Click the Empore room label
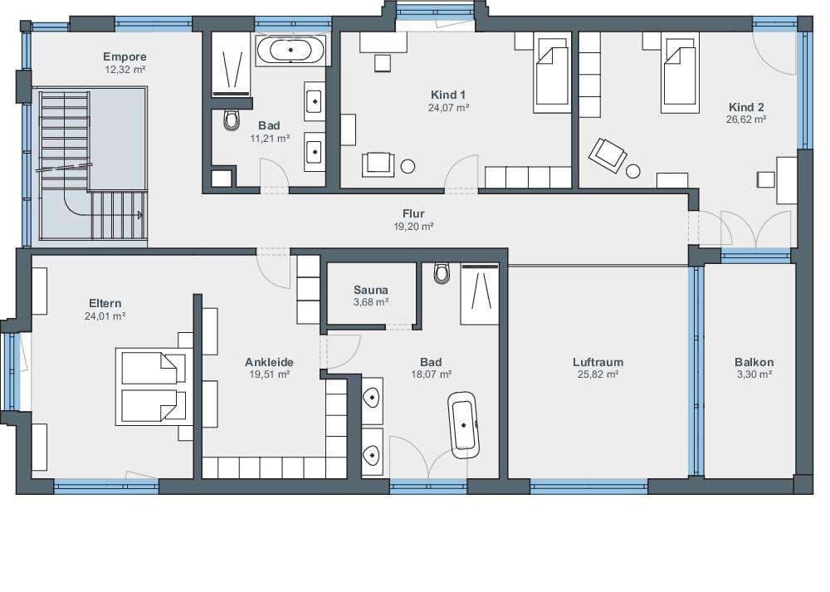pyautogui.click(x=125, y=56)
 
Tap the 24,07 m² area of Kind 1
pyautogui.click(x=449, y=107)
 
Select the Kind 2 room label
pyautogui.click(x=746, y=107)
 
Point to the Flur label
pyautogui.click(x=413, y=214)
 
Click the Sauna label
pyautogui.click(x=371, y=290)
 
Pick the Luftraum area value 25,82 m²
pyautogui.click(x=598, y=374)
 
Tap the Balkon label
pyautogui.click(x=754, y=362)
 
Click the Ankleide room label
pyautogui.click(x=269, y=362)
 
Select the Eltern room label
pyautogui.click(x=105, y=303)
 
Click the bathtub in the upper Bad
pyautogui.click(x=290, y=51)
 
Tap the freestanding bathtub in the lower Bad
pyautogui.click(x=464, y=425)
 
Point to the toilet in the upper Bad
pyautogui.click(x=232, y=120)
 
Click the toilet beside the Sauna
pyautogui.click(x=442, y=273)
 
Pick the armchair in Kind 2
pyautogui.click(x=608, y=154)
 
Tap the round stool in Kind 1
pyautogui.click(x=408, y=166)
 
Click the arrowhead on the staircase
pyautogui.click(x=140, y=215)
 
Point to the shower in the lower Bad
pyautogui.click(x=480, y=295)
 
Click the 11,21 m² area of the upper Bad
pyautogui.click(x=270, y=139)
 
